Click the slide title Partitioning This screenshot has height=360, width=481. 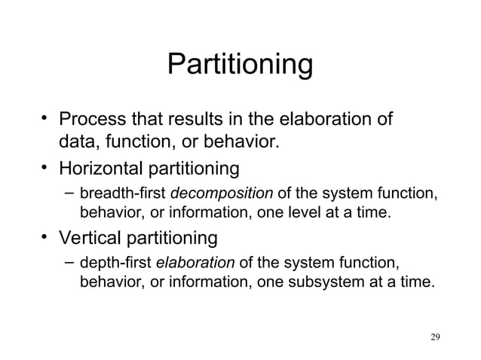[x=240, y=65]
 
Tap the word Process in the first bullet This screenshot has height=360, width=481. [x=91, y=120]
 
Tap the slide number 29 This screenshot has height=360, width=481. [x=431, y=335]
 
